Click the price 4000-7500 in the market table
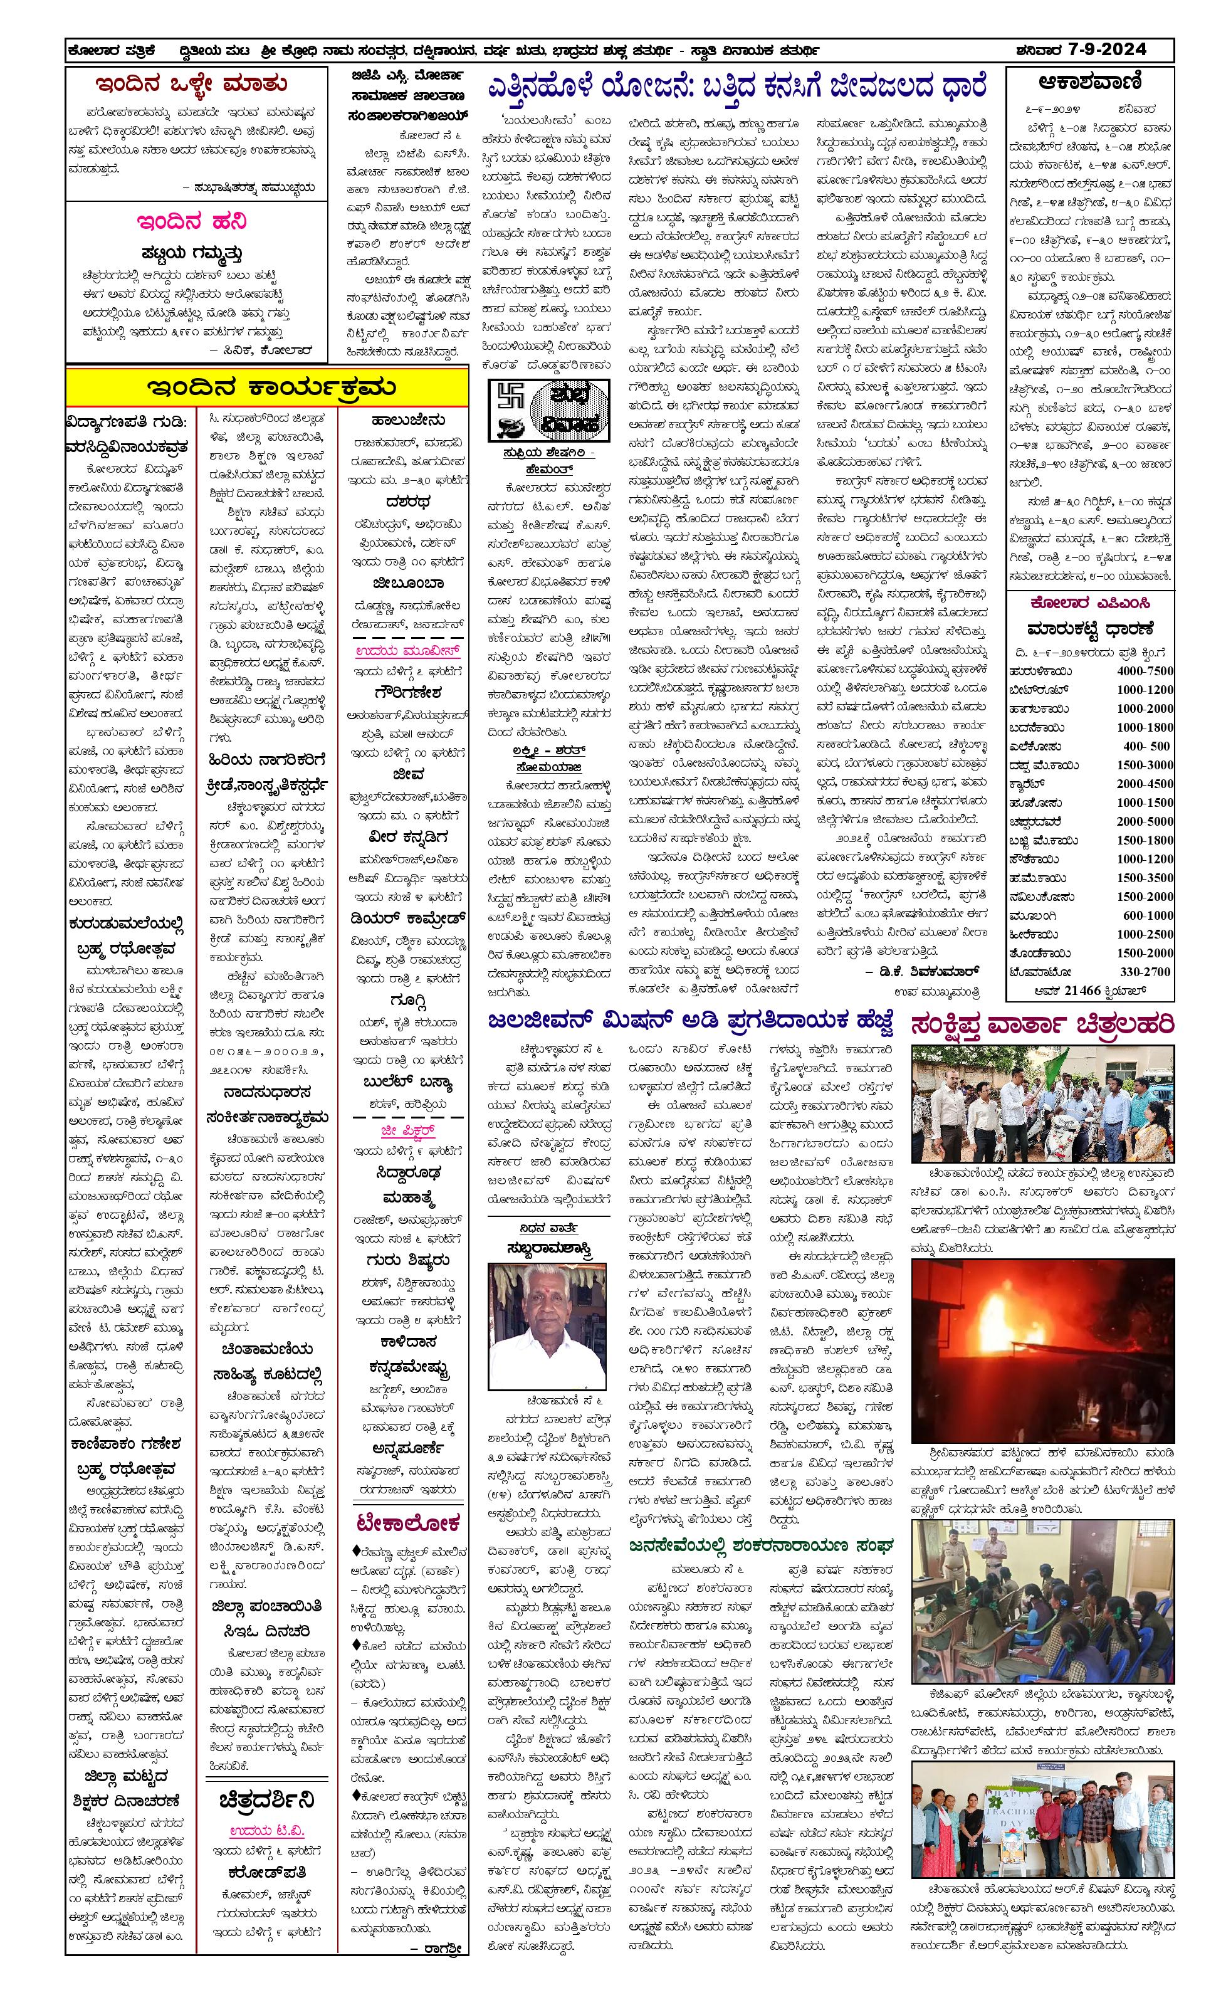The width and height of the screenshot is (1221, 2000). tap(1144, 671)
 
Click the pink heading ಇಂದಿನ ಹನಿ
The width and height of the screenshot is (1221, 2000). tap(191, 221)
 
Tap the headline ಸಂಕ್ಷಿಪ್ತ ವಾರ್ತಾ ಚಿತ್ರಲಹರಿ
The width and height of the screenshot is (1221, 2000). tap(1042, 1024)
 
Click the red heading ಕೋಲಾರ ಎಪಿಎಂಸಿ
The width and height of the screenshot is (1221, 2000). tap(1089, 603)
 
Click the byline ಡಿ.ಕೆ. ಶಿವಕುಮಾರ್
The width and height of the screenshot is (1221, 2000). tap(923, 971)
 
